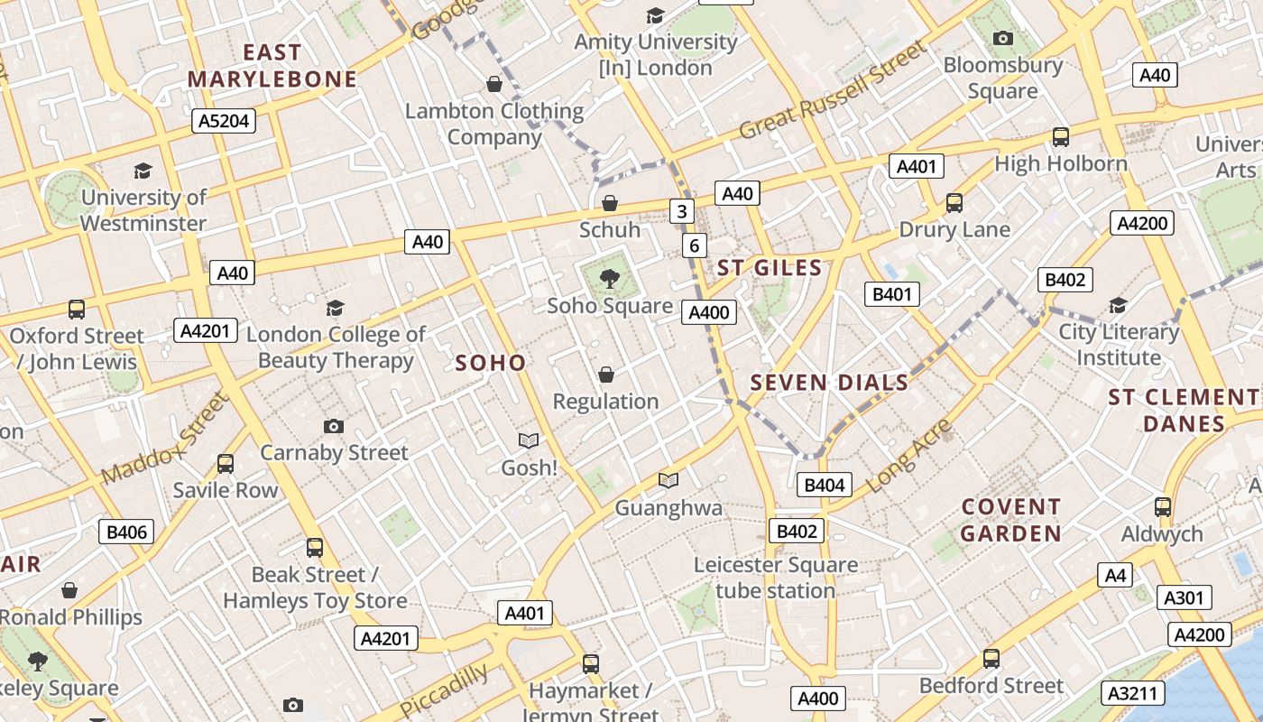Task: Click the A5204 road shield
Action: [x=224, y=121]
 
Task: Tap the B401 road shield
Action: [x=891, y=293]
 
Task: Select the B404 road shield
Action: [x=824, y=485]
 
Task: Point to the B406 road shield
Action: [x=126, y=532]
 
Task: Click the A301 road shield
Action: [x=1183, y=597]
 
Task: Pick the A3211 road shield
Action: [x=1133, y=692]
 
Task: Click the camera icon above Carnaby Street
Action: [x=334, y=426]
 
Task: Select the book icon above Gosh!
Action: [x=529, y=440]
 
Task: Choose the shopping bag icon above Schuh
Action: [x=610, y=203]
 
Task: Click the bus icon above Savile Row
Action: [x=226, y=464]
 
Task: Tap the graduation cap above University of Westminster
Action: [x=143, y=171]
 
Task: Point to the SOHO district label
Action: [x=490, y=363]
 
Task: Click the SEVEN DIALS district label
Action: [x=829, y=383]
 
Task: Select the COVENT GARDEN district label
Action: [x=1010, y=520]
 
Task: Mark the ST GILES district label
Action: [x=770, y=267]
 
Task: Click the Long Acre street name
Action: [x=909, y=456]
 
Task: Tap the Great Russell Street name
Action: [x=832, y=91]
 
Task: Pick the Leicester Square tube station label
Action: [x=776, y=578]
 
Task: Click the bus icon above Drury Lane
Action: [x=954, y=203]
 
